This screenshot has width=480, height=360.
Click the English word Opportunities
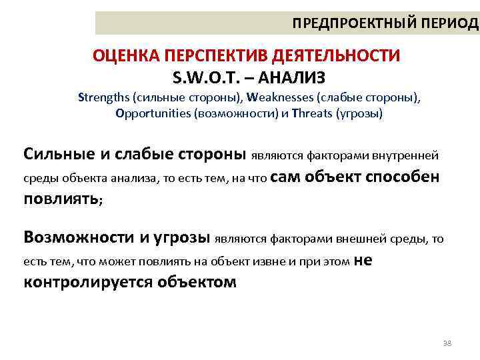(x=153, y=113)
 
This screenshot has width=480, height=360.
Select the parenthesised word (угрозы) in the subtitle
(x=361, y=113)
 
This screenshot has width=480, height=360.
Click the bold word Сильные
(x=59, y=155)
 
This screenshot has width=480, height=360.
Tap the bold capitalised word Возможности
(x=79, y=237)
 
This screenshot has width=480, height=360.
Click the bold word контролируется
(x=88, y=282)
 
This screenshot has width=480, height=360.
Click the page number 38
(x=447, y=343)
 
